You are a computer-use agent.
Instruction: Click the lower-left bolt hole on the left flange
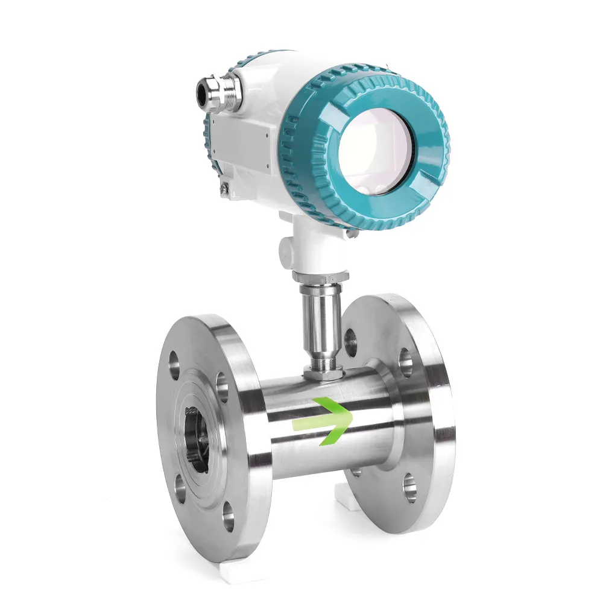(x=179, y=487)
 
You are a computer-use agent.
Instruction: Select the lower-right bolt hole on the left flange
(x=228, y=517)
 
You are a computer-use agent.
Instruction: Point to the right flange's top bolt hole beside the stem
(x=350, y=341)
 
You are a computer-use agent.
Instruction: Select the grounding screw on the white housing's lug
(x=224, y=190)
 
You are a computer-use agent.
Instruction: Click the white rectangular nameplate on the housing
(x=241, y=142)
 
